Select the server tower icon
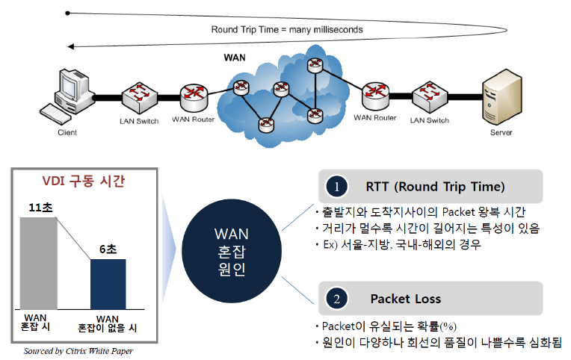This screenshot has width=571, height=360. tap(501, 97)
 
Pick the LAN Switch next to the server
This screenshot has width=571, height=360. tap(430, 96)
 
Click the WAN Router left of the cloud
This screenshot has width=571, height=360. tap(194, 98)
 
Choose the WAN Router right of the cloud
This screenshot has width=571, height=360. tap(375, 96)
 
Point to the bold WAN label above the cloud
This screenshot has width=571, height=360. tap(235, 58)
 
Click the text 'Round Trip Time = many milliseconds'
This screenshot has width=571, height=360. tap(287, 29)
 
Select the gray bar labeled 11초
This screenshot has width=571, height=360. tap(39, 264)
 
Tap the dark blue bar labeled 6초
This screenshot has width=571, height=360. tap(108, 285)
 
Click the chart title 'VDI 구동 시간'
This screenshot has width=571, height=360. tap(84, 181)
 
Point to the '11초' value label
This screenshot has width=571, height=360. tap(41, 208)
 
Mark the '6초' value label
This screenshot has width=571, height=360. tap(108, 249)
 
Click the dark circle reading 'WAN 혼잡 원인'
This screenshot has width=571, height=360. tap(232, 251)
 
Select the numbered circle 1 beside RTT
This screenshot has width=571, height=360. tap(336, 187)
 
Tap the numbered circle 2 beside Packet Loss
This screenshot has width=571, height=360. tap(336, 299)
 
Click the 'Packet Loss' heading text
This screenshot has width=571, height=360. tap(406, 299)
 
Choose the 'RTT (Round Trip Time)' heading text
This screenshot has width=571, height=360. tap(435, 187)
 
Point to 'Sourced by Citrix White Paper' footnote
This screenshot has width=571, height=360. tap(78, 351)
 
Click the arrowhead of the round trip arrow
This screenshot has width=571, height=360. tap(71, 46)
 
